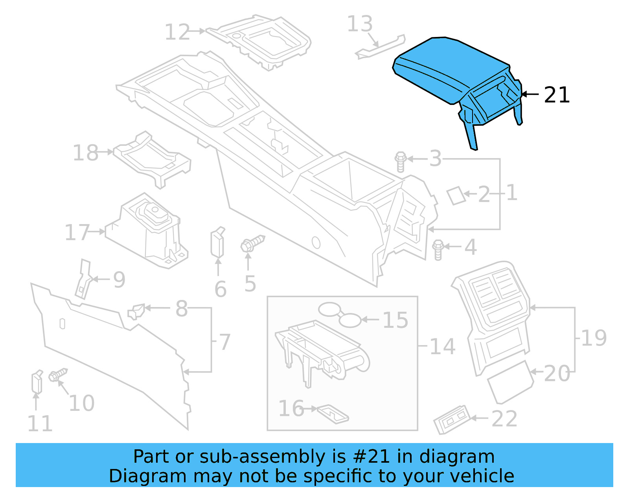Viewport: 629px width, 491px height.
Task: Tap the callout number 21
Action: [x=557, y=95]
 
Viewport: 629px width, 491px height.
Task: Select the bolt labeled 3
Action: [x=400, y=162]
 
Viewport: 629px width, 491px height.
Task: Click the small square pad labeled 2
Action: [x=456, y=195]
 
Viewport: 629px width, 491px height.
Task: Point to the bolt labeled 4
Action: [x=438, y=249]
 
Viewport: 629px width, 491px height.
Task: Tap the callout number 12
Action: [x=177, y=32]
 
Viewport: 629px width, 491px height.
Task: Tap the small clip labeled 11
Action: [x=37, y=382]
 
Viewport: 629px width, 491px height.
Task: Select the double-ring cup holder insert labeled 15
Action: [x=340, y=314]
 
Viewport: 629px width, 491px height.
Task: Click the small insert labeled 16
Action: [x=333, y=414]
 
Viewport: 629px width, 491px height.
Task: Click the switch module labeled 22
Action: [x=452, y=419]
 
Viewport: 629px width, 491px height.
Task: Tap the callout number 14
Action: [x=443, y=347]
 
